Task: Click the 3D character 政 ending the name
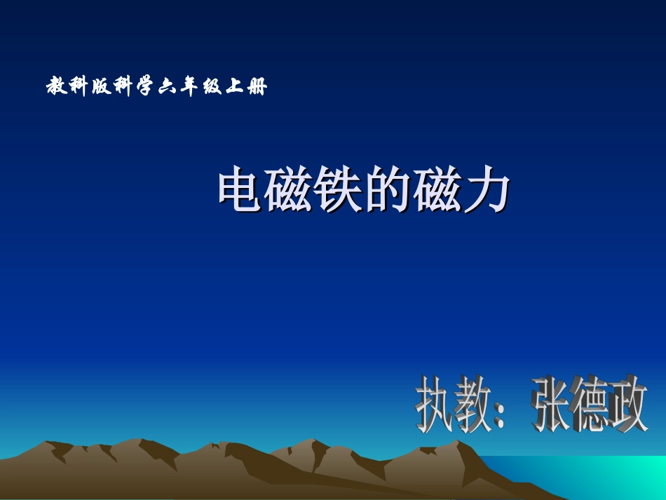click(x=629, y=405)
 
